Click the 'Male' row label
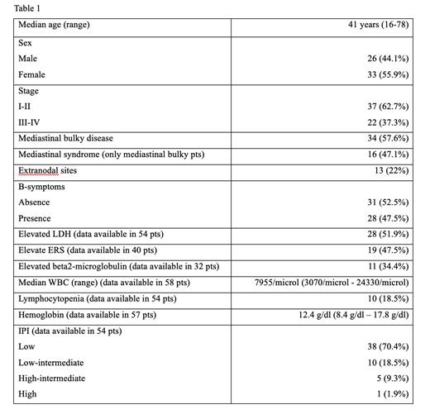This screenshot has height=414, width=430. [x=28, y=59]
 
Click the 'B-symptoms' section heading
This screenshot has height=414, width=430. [x=42, y=188]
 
